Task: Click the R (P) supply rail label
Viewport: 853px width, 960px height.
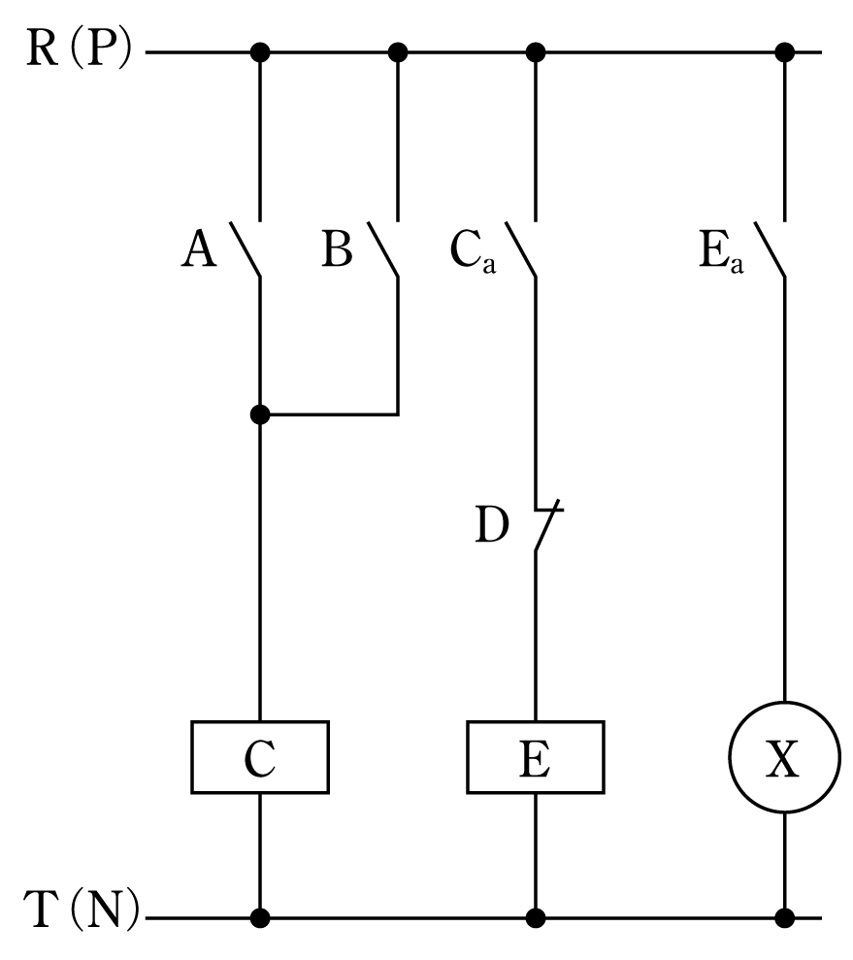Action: coord(79,49)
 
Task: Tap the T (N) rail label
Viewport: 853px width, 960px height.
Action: coord(82,909)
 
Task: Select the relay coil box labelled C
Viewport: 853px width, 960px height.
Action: coord(260,757)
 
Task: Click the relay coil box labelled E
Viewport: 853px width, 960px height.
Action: coord(536,757)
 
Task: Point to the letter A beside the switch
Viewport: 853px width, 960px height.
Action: coord(199,248)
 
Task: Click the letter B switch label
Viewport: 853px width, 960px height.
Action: coord(337,248)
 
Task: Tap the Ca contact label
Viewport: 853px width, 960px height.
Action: coord(473,251)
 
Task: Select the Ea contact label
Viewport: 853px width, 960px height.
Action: coord(721,251)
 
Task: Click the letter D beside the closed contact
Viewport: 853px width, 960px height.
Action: coord(492,525)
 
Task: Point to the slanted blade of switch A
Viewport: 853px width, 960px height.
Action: coord(246,249)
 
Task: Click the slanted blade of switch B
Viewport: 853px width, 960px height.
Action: coord(383,249)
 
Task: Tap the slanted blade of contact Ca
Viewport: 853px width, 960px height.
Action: coord(521,249)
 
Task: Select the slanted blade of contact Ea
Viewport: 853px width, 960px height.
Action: coord(770,249)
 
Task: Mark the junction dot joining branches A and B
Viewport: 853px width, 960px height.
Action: coord(260,415)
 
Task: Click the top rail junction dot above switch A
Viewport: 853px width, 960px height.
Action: coord(260,52)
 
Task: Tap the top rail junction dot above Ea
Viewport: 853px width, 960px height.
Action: coord(784,52)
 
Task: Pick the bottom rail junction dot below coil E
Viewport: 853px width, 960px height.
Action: coord(536,918)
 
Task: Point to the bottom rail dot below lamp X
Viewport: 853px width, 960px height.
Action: coord(784,918)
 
